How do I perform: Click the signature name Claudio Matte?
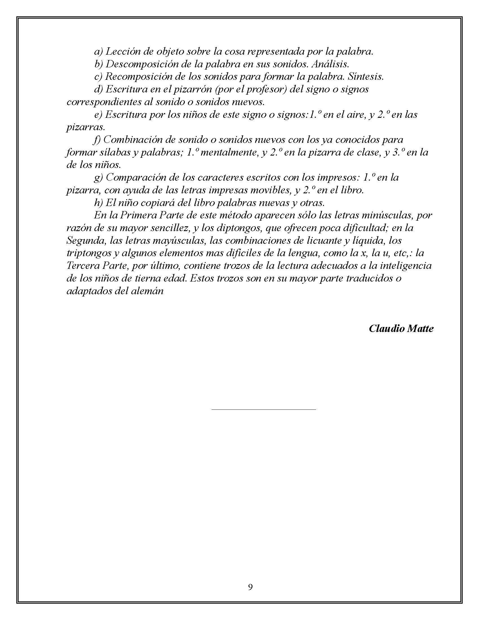(401, 328)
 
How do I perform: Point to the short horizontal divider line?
(264, 409)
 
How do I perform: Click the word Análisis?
(330, 64)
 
